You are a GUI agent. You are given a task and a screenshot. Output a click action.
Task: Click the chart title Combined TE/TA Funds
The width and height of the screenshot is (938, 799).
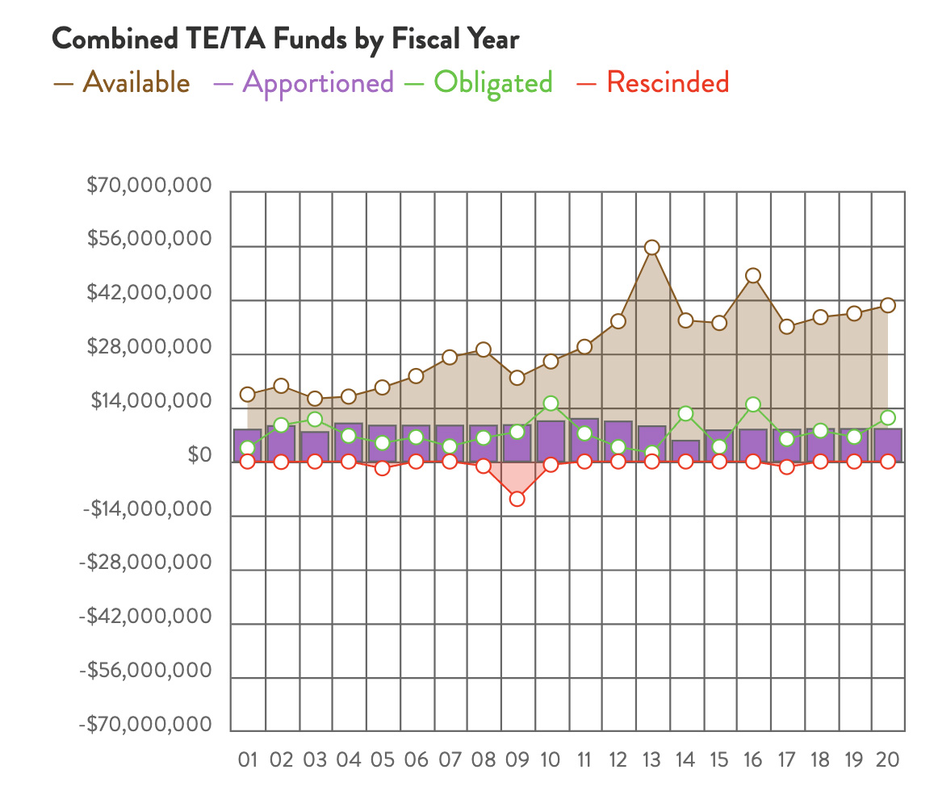tap(285, 39)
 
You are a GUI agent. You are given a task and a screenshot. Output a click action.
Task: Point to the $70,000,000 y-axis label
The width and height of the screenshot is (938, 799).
tap(149, 187)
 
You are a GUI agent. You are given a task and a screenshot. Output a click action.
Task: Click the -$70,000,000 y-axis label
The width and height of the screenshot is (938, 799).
tap(145, 725)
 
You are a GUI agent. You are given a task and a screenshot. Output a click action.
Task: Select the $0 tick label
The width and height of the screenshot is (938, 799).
tap(199, 456)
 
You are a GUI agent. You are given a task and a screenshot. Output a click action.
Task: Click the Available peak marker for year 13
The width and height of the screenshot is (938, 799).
tap(652, 247)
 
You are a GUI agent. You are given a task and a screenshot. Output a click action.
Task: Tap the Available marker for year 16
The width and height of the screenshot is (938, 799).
tap(753, 275)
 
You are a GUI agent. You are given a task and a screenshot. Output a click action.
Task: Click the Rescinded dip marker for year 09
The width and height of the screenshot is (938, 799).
tap(517, 499)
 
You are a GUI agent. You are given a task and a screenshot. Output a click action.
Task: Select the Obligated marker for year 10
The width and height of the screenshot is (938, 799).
tap(551, 403)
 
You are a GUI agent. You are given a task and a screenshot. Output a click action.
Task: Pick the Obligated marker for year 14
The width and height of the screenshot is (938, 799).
tap(686, 413)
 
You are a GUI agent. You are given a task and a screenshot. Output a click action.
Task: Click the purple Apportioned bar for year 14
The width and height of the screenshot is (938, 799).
tap(686, 451)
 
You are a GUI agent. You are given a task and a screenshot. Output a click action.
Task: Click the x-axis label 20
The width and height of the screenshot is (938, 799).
tap(887, 759)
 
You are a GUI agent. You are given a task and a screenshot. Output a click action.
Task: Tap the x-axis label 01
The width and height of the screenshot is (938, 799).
tap(248, 759)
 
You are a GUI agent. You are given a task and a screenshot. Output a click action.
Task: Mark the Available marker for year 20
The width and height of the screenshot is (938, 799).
tap(888, 305)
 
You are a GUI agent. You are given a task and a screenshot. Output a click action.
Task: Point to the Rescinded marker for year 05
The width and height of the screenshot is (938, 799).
tap(383, 468)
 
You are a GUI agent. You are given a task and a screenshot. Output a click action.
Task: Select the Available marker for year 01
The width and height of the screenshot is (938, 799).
tap(248, 394)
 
